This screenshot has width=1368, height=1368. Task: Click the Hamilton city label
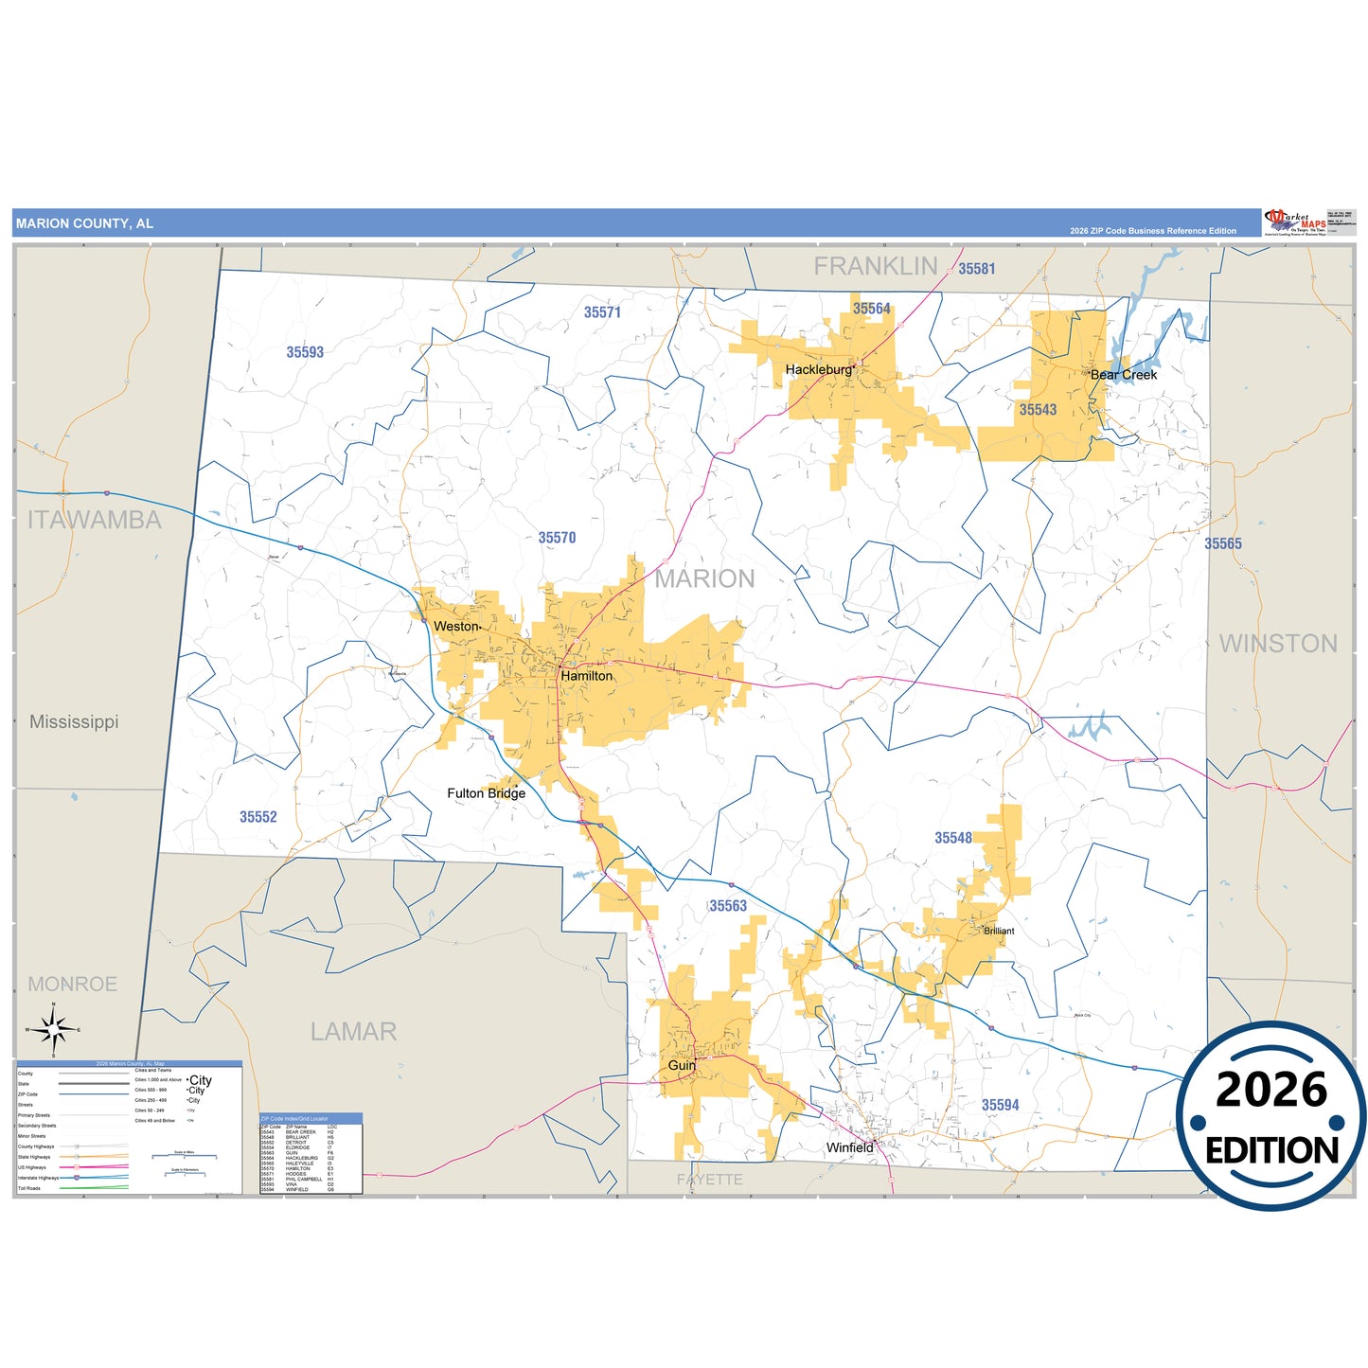point(586,676)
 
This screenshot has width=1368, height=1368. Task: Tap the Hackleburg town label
point(818,369)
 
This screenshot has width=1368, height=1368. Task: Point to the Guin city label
point(682,1065)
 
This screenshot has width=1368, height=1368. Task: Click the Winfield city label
point(849,1147)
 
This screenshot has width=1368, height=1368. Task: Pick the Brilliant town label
point(999,931)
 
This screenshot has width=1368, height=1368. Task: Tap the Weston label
point(456,627)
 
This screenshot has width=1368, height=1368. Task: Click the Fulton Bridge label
point(486,793)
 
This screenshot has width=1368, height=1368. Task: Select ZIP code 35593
point(305,352)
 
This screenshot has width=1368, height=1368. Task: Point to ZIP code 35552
point(258,817)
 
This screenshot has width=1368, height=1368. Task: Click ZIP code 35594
point(1000,1105)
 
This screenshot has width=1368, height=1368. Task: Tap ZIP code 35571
point(602,312)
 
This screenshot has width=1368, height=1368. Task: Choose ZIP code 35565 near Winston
point(1222,543)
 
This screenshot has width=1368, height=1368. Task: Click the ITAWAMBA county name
point(94,520)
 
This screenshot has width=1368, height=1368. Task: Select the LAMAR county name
point(353,1031)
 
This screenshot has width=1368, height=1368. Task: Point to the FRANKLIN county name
point(876,267)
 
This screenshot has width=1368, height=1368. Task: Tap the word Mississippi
point(74,721)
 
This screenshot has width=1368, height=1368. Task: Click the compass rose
point(54,1028)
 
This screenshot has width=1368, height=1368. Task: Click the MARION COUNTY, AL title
point(84,223)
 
